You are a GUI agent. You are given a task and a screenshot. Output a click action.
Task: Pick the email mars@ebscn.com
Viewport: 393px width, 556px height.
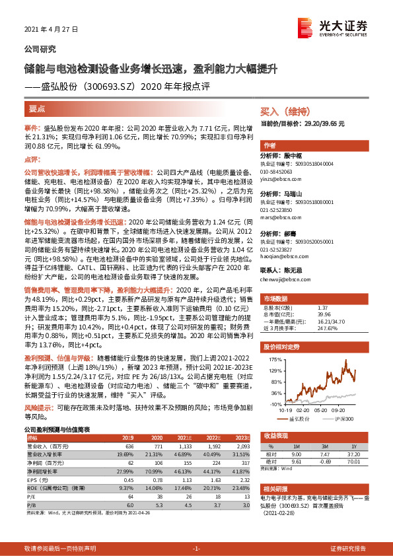(277, 216)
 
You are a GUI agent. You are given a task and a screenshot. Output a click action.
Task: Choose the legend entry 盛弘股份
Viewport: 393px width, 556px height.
(300, 418)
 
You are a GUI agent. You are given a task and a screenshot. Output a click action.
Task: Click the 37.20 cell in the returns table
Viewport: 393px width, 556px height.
(353, 454)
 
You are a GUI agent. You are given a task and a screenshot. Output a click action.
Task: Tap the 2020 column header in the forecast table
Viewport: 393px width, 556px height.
(157, 437)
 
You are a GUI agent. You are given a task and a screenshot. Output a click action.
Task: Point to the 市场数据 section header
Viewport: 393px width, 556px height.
(275, 298)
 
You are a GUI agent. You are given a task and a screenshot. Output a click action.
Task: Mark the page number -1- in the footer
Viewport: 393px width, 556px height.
(196, 549)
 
